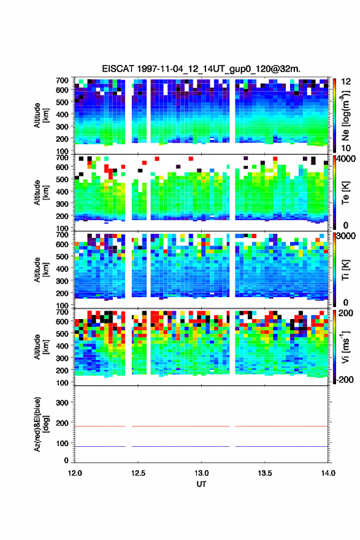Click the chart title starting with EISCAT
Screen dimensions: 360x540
[201, 69]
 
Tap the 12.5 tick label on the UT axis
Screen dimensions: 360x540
[138, 473]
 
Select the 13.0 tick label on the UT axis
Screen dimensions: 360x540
[201, 473]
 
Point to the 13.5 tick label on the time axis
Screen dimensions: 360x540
[265, 473]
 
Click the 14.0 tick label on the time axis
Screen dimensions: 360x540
[328, 473]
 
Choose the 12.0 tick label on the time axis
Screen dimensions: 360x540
[75, 473]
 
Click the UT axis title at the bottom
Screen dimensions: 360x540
[201, 484]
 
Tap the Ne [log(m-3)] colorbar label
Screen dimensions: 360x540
[345, 115]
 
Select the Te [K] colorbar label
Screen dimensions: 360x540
[345, 193]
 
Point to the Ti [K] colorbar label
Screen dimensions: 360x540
[345, 269]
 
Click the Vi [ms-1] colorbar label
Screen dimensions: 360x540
[345, 347]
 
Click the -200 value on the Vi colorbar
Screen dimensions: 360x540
[345, 379]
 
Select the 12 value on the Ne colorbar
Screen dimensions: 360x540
[346, 82]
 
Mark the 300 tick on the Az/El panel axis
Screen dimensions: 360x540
[63, 403]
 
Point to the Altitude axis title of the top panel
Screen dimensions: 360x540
[40, 115]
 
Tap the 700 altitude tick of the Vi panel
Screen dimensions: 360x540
[63, 312]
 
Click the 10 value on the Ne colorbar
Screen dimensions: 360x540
[346, 148]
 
